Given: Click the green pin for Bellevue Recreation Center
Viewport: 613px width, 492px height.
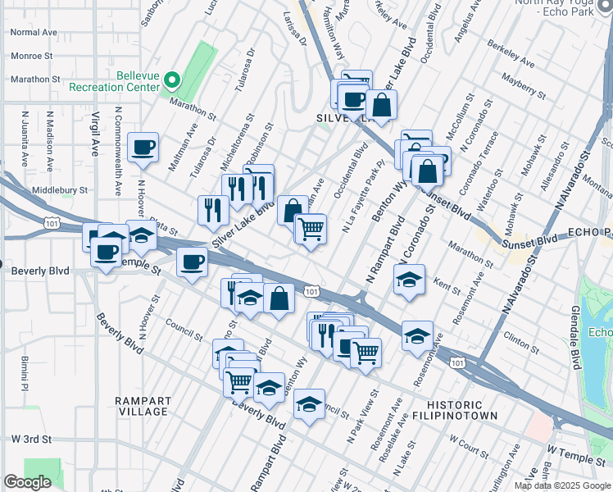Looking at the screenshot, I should [x=172, y=80].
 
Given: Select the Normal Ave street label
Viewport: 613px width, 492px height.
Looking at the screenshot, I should [x=33, y=32].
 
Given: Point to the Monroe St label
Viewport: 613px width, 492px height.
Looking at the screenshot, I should [x=31, y=56].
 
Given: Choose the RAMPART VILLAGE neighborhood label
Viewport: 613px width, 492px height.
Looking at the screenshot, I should [x=142, y=405].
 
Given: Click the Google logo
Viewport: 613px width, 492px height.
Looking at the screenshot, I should [x=27, y=482].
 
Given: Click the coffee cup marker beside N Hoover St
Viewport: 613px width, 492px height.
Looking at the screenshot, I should [x=143, y=148].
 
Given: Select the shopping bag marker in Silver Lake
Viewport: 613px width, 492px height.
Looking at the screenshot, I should [x=381, y=104].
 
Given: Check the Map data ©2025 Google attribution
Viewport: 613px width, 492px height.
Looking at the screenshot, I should [x=562, y=485].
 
